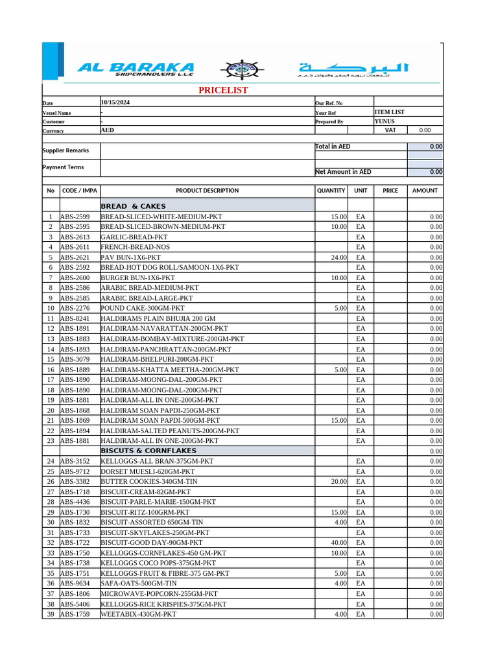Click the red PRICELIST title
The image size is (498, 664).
click(x=223, y=90)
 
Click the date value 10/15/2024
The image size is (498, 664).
click(x=115, y=102)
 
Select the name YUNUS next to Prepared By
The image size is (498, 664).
click(x=385, y=121)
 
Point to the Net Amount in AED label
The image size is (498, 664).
click(x=343, y=172)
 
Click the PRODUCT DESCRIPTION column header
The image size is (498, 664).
click(x=207, y=191)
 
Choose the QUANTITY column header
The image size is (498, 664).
click(x=331, y=191)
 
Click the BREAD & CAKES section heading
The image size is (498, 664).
click(x=133, y=206)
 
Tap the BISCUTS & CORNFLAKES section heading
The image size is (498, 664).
click(x=148, y=451)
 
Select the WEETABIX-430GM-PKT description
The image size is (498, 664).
click(x=138, y=614)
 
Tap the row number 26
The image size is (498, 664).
click(x=50, y=482)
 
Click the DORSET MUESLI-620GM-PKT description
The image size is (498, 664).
click(x=147, y=471)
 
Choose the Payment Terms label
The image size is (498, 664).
click(x=63, y=167)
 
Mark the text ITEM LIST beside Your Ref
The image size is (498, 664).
click(x=390, y=112)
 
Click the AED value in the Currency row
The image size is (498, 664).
click(x=107, y=130)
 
